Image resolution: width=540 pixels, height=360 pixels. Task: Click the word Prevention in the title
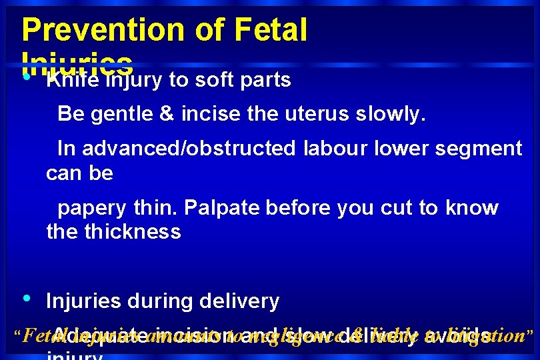(x=98, y=30)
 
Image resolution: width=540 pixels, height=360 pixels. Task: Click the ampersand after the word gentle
(x=166, y=114)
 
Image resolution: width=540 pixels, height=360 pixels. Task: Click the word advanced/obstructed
(x=189, y=149)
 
